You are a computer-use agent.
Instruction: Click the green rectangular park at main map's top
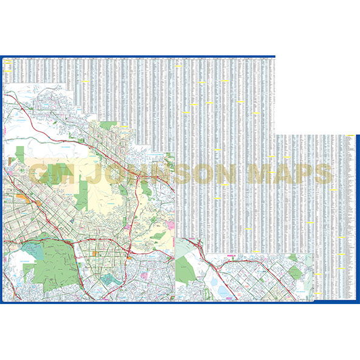click(109, 126)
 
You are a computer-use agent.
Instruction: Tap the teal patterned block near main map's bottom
click(110, 279)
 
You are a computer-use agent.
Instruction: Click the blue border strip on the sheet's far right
click(358, 219)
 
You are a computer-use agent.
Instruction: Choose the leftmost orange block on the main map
click(22, 196)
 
